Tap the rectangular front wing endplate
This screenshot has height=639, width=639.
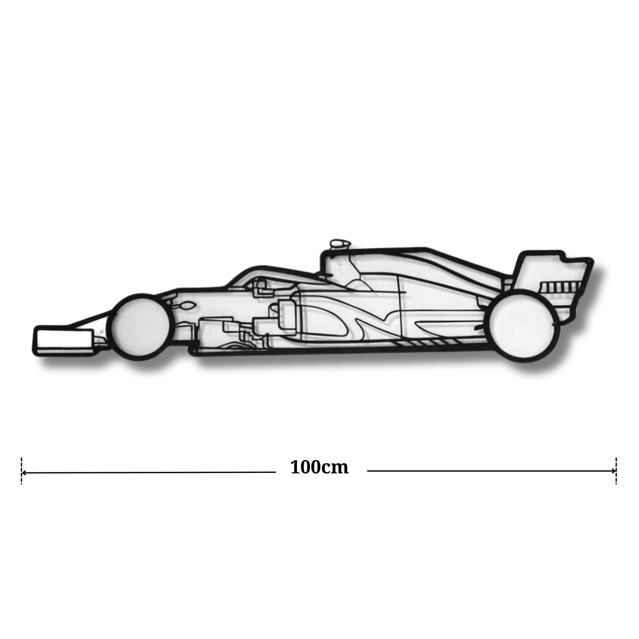tap(63, 339)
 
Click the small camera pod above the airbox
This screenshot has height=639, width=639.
tap(338, 244)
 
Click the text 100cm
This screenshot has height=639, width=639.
tap(319, 467)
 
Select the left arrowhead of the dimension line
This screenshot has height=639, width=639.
tap(24, 472)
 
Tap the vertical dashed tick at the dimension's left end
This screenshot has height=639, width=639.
tap(21, 470)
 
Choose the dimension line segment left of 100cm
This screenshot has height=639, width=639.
tap(148, 472)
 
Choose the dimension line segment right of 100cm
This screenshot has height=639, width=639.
tap(491, 470)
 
